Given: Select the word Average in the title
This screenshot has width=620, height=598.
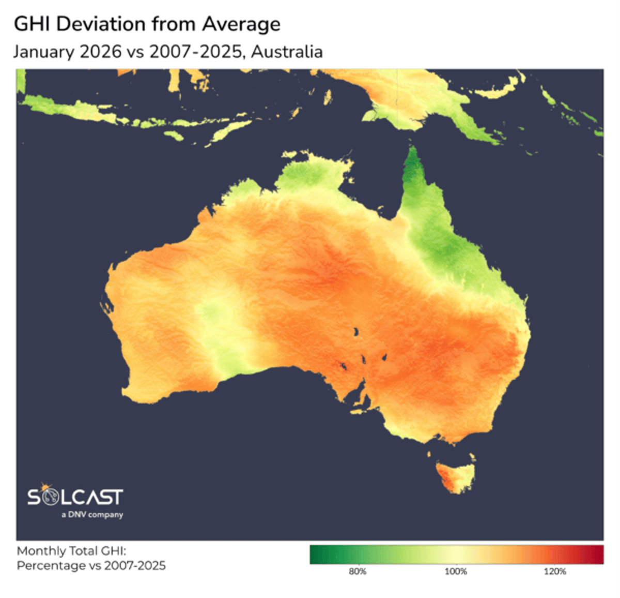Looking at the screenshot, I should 241,24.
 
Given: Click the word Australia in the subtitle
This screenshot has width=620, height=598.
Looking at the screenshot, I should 287,52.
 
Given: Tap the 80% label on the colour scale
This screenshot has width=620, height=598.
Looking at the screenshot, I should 358,572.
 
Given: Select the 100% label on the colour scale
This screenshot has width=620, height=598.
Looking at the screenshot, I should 456,572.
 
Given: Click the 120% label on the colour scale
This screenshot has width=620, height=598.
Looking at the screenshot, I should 554,572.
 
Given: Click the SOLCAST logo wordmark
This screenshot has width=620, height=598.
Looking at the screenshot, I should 75,497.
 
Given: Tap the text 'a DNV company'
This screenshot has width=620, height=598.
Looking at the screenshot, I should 92,515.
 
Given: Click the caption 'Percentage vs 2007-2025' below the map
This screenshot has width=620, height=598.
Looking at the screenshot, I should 91,565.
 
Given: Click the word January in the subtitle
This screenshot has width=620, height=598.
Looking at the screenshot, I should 42,52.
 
